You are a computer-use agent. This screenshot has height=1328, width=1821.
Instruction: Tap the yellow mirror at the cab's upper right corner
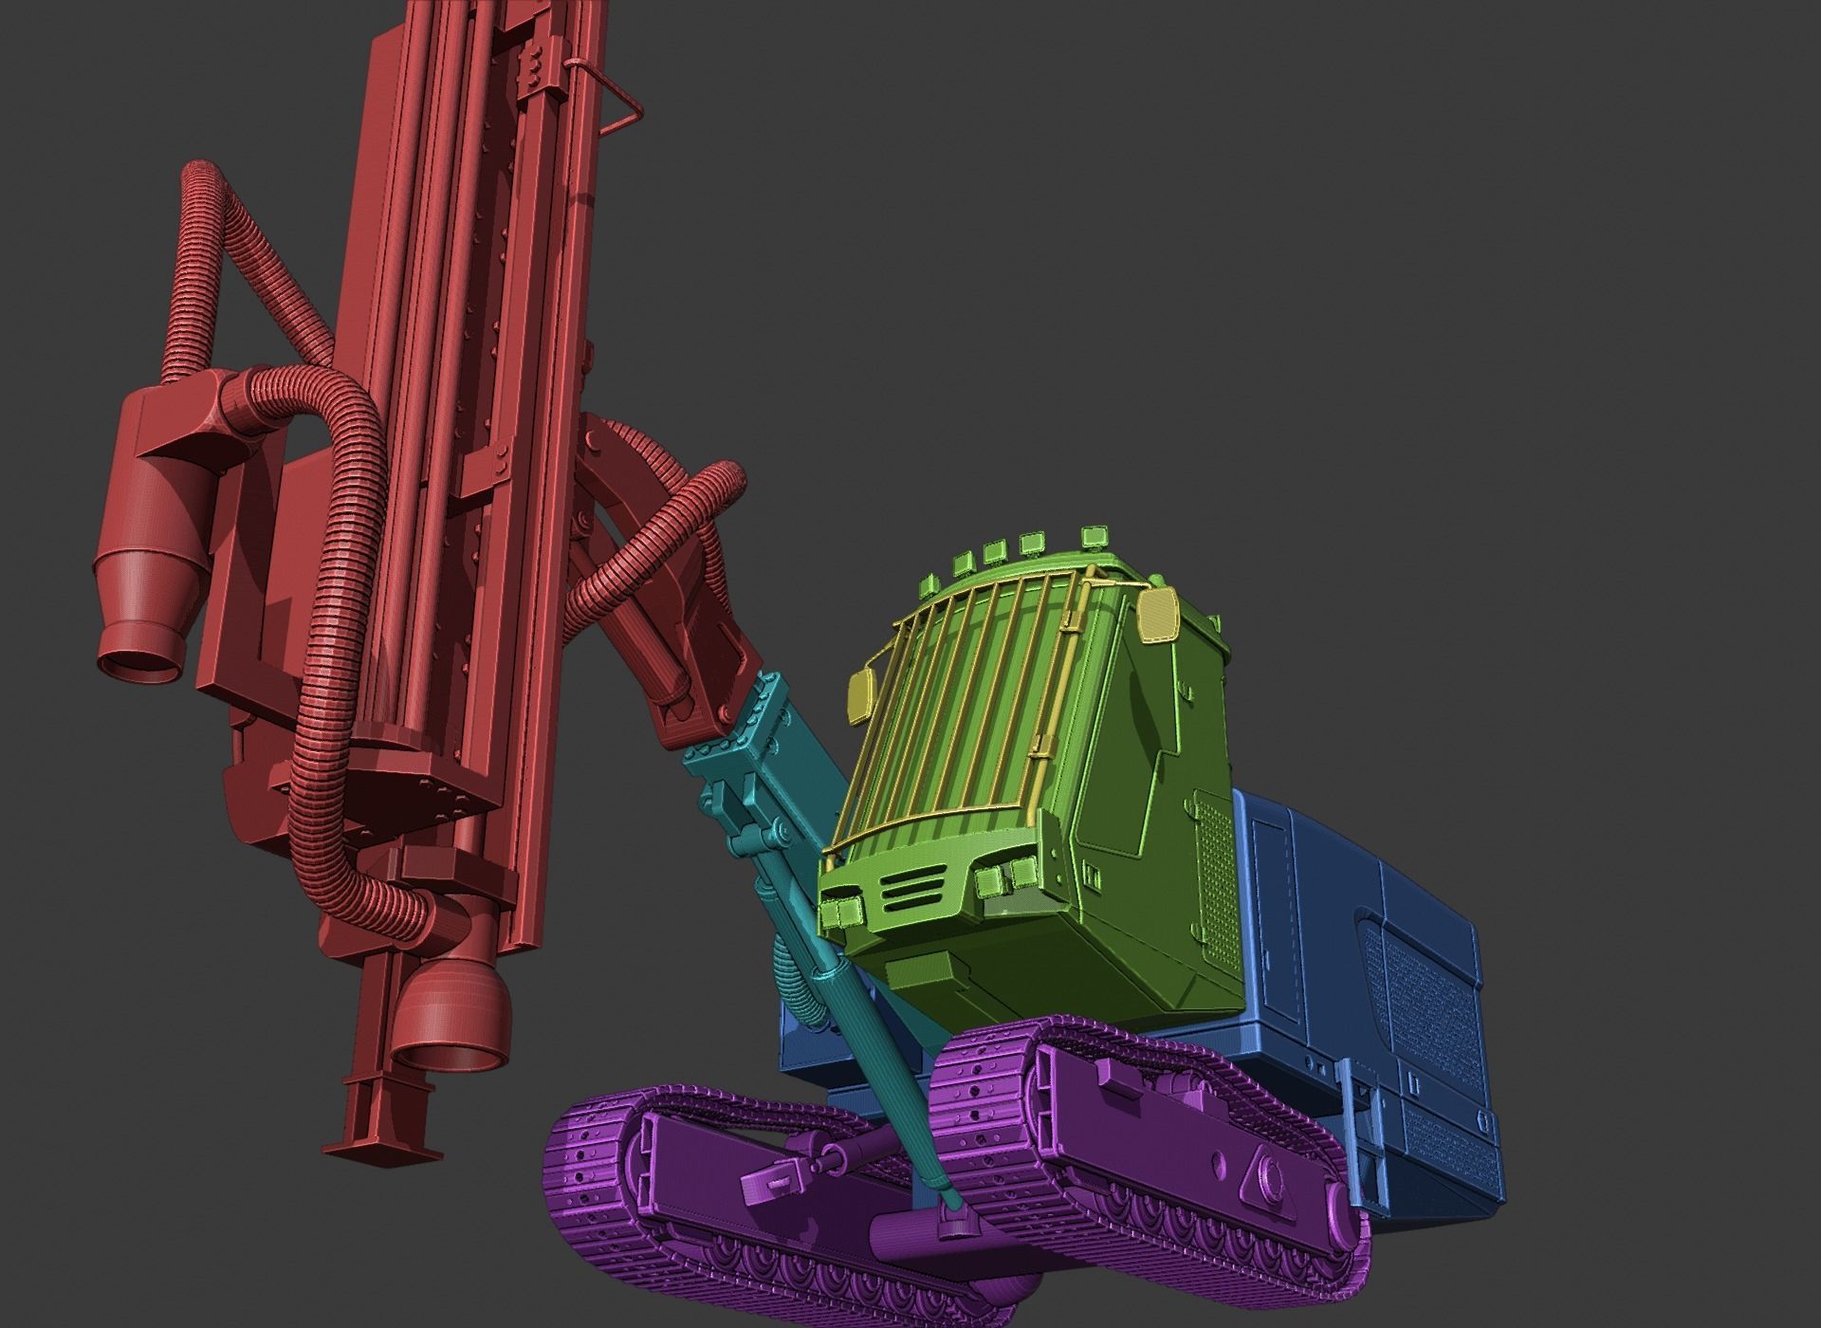pos(1159,614)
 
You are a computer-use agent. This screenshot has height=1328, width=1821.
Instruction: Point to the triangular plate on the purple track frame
pos(1264,1186)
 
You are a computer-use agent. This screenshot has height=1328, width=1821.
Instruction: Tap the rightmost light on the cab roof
pos(1097,536)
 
